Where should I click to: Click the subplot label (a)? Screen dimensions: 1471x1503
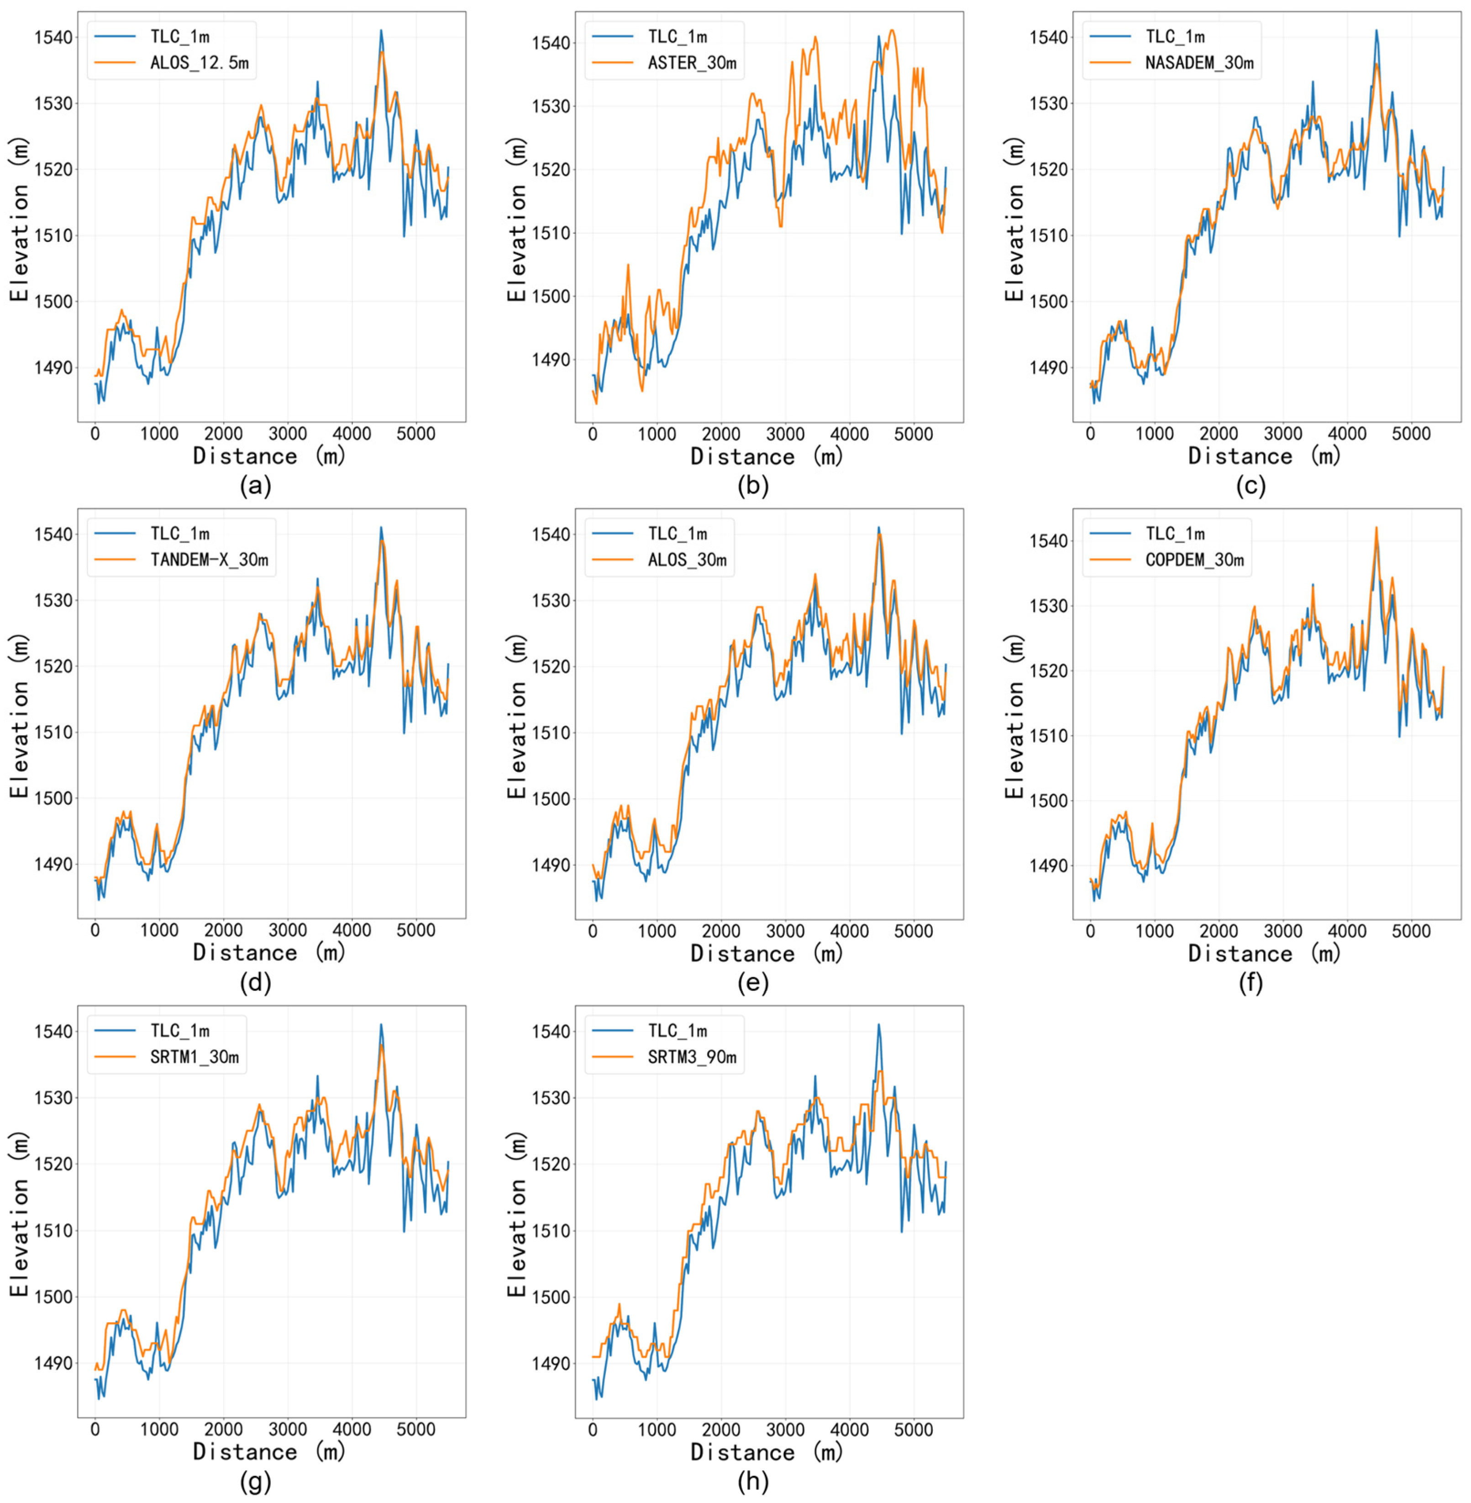click(x=256, y=486)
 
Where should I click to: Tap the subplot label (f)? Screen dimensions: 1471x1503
click(x=1251, y=983)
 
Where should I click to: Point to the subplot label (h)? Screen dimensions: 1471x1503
click(x=753, y=1481)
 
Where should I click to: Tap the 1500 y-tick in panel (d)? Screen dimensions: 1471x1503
click(x=51, y=799)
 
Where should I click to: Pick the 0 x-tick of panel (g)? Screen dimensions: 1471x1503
click(x=95, y=1429)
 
